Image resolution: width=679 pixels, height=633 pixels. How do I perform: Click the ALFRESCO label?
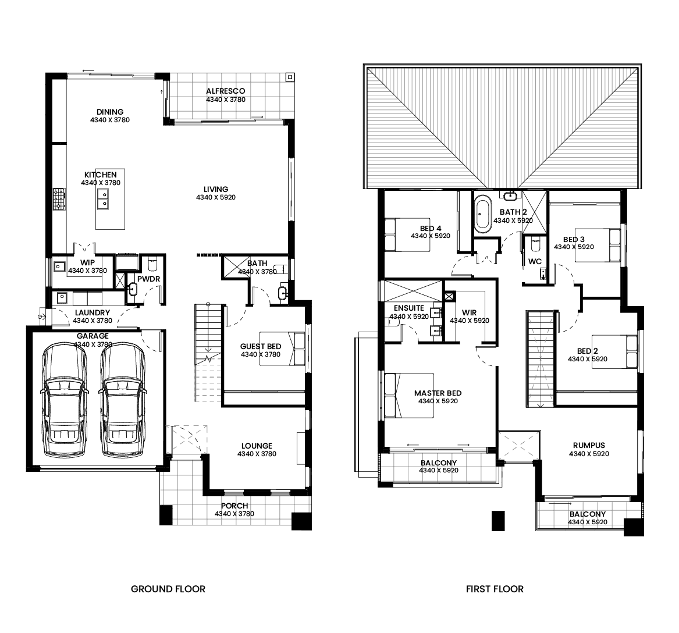click(x=226, y=91)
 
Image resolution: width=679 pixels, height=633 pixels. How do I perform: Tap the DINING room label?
click(x=110, y=112)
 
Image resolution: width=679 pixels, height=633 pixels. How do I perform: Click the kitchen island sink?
click(x=103, y=199)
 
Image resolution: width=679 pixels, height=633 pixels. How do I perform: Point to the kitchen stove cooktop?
click(x=59, y=200)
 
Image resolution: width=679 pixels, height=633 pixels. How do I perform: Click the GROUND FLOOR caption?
click(x=168, y=589)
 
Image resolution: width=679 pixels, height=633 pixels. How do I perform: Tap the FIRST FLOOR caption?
click(x=495, y=589)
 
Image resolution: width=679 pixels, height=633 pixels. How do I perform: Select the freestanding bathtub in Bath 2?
click(x=482, y=214)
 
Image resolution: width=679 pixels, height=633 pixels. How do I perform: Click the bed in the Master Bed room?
click(x=409, y=395)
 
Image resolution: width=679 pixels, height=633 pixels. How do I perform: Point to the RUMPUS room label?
click(x=589, y=445)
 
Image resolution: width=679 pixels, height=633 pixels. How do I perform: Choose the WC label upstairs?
click(x=535, y=261)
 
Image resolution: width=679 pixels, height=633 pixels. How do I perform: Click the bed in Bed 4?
click(x=407, y=234)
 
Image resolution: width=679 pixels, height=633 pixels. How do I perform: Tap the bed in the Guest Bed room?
click(x=282, y=348)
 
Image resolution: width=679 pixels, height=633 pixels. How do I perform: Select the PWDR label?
click(x=148, y=279)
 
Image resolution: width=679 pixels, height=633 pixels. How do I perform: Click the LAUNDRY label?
click(x=93, y=312)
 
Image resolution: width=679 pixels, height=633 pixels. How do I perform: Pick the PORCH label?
click(x=234, y=506)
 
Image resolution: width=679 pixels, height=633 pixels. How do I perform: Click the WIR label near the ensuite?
click(x=469, y=312)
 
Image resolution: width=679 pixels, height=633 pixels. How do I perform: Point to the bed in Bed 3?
click(x=598, y=246)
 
